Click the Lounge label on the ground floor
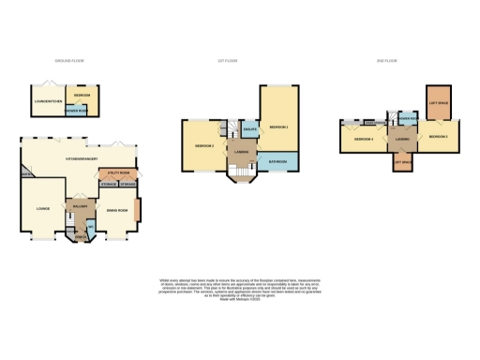42,208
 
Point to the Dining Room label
117,214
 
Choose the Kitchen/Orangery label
82,158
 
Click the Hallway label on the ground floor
79,205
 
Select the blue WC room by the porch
90,229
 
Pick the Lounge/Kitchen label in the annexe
48,98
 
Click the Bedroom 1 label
278,126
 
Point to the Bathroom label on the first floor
277,161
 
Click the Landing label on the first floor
241,155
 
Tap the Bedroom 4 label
364,140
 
